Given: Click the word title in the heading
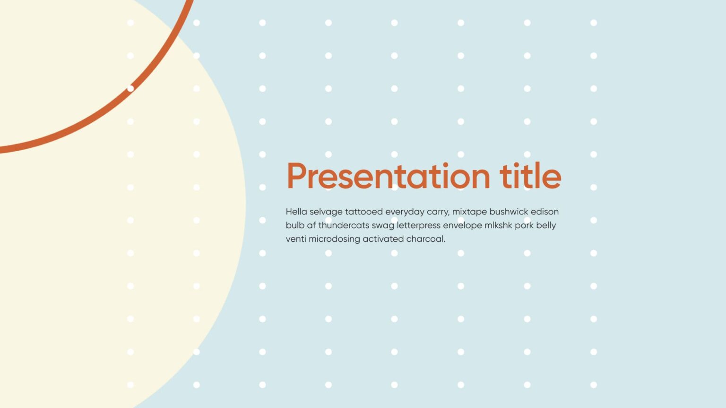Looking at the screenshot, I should [530, 176].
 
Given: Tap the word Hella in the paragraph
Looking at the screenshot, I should [296, 212].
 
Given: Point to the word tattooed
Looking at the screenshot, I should [363, 212].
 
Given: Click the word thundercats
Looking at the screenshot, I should [343, 225].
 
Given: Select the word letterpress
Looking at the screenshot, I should [418, 225].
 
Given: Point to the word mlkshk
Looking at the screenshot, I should [498, 225].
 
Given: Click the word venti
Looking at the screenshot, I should [296, 239].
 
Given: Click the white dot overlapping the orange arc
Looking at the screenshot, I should [130, 88].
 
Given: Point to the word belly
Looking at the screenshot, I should [546, 226].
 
